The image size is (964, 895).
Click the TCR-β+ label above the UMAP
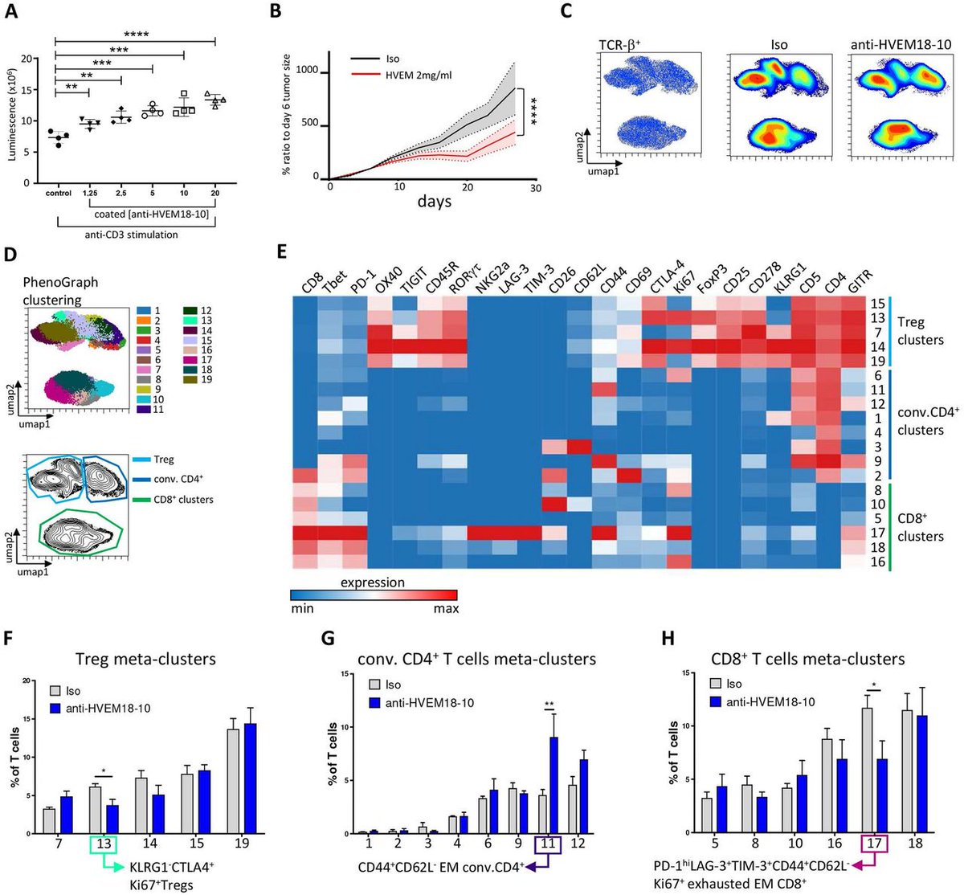[x=627, y=45]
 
